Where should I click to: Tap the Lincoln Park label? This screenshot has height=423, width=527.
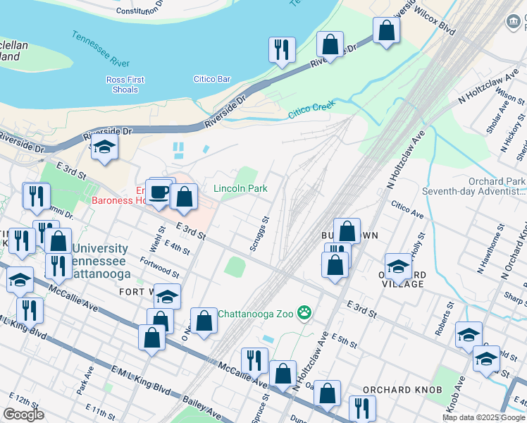[x=240, y=189]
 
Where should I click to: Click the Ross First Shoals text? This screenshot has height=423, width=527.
[x=125, y=85]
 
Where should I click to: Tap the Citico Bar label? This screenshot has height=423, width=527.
[x=213, y=79]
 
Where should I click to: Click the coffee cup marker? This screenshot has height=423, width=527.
[x=161, y=191]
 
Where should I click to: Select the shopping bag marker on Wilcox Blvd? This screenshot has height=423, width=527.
[x=386, y=30]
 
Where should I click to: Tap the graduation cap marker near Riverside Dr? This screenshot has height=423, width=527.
[x=104, y=147]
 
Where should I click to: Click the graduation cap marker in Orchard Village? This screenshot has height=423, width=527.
[x=398, y=267]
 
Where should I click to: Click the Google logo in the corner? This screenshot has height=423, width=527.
[x=23, y=415]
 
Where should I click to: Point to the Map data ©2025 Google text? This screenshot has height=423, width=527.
[x=483, y=417]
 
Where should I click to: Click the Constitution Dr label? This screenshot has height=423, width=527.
[x=139, y=9]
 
